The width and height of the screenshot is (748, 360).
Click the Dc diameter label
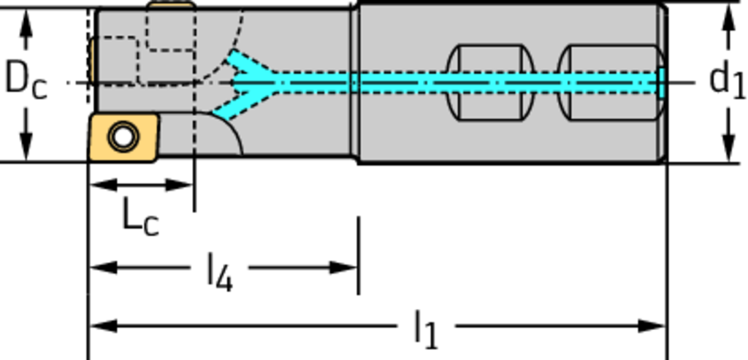point(26,80)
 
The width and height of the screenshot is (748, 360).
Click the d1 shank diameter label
point(727,80)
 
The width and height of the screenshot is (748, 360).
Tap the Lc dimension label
point(140,217)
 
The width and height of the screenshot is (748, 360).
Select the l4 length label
point(220,272)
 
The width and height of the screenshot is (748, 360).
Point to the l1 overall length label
point(425,329)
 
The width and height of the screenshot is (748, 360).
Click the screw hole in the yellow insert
point(122,136)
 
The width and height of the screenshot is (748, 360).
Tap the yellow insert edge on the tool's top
point(171,5)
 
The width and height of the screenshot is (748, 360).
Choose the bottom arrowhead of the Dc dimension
point(26,149)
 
